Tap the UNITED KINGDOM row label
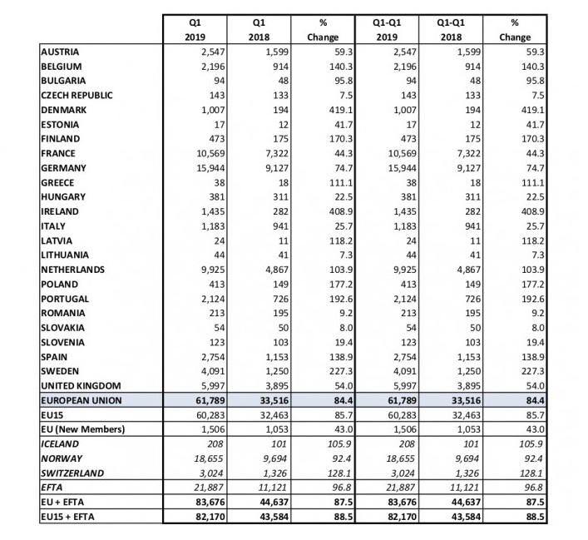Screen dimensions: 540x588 [x=81, y=386]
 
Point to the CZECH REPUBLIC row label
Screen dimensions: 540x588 [x=77, y=95]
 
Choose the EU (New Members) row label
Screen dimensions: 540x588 [x=82, y=429]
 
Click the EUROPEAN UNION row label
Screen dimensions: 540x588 [x=81, y=400]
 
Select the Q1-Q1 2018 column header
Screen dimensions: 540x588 [x=449, y=30]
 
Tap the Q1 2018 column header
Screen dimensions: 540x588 [x=263, y=30]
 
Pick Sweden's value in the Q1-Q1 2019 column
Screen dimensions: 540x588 [x=397, y=372]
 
